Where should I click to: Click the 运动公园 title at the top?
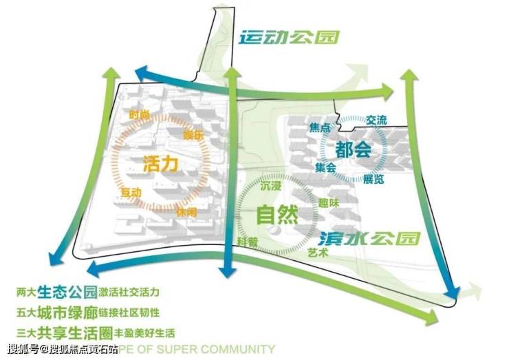coord(290,36)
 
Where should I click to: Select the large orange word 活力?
coord(160,165)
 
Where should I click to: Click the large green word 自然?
coord(277,215)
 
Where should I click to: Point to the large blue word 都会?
coord(354,149)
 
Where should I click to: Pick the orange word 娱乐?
coord(193,135)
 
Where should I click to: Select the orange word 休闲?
coord(186,213)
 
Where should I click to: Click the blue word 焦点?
coord(321,128)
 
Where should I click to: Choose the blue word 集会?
coord(325,168)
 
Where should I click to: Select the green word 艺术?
coord(318,253)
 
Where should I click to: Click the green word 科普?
coord(248,242)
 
